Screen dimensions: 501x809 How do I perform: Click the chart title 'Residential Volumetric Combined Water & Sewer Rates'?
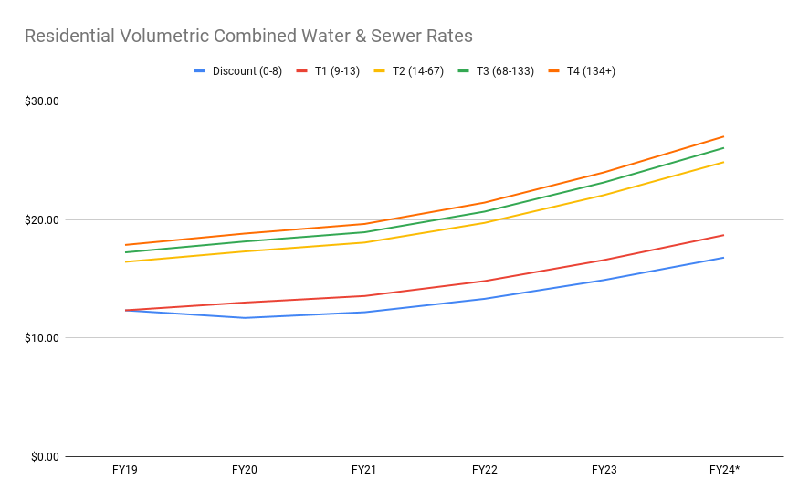(248, 37)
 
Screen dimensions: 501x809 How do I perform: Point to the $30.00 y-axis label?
(41, 101)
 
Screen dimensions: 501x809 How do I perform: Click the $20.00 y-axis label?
(41, 220)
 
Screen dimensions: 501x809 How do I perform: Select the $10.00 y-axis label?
(41, 338)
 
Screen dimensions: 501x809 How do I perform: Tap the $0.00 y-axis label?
(44, 457)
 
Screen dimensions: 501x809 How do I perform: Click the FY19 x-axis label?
(125, 470)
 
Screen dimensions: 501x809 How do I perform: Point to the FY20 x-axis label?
(245, 470)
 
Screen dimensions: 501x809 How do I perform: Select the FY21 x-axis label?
(364, 470)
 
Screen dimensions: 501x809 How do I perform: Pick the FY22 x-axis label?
(485, 470)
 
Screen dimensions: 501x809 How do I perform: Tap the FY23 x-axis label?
(604, 470)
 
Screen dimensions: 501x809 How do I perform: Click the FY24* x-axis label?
(724, 470)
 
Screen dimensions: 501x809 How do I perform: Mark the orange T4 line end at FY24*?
(724, 136)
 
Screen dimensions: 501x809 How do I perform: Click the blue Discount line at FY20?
(245, 318)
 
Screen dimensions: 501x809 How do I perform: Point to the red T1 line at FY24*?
(724, 235)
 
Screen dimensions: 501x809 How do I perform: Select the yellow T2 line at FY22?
(485, 222)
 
